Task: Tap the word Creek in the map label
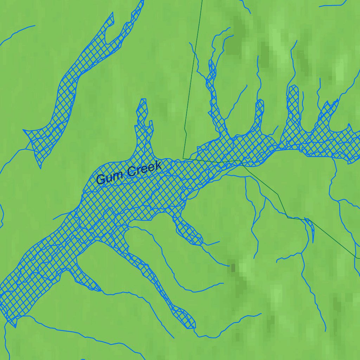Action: click(x=144, y=169)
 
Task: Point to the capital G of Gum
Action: click(x=101, y=180)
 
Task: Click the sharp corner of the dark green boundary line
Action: click(x=183, y=158)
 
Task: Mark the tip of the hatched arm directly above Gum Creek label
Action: click(x=143, y=100)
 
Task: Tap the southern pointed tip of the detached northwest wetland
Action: click(x=40, y=167)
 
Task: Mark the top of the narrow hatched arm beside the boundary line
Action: click(x=212, y=61)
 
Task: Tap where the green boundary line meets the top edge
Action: click(x=202, y=0)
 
